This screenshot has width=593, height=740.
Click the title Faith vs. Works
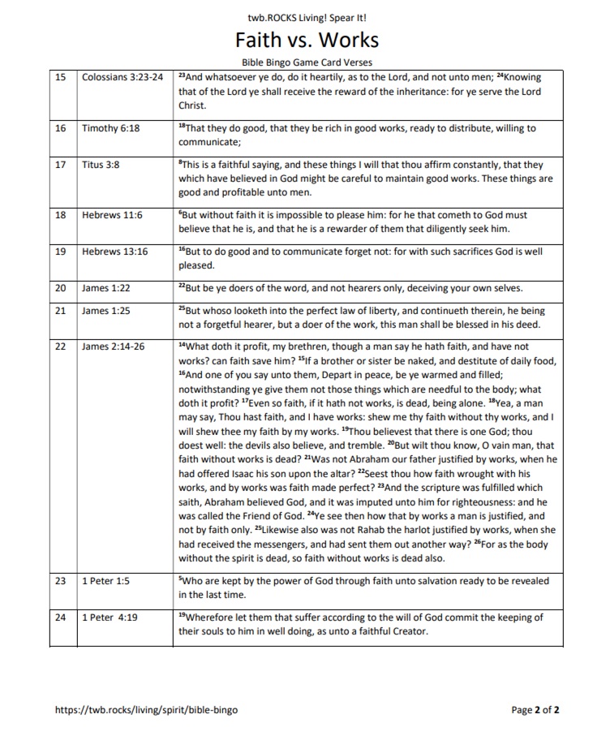coord(307,40)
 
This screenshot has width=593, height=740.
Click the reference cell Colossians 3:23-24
coord(122,77)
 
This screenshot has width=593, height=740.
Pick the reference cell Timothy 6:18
coord(110,128)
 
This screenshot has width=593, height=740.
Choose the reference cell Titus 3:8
coord(101,165)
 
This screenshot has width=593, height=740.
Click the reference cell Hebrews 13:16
coord(114,252)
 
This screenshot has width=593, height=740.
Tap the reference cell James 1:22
coord(106,287)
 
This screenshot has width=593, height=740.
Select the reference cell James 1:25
coord(106,311)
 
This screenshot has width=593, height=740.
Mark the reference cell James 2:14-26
coord(113,346)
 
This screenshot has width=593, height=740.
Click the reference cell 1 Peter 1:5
coord(106,581)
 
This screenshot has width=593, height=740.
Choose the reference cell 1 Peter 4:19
coord(110,617)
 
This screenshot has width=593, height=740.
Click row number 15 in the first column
coord(60,77)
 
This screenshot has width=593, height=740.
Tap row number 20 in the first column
coord(60,287)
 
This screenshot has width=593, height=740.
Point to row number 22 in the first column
coord(60,346)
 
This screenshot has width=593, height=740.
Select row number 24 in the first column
coord(60,617)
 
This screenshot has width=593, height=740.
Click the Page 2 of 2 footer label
coord(535,710)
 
